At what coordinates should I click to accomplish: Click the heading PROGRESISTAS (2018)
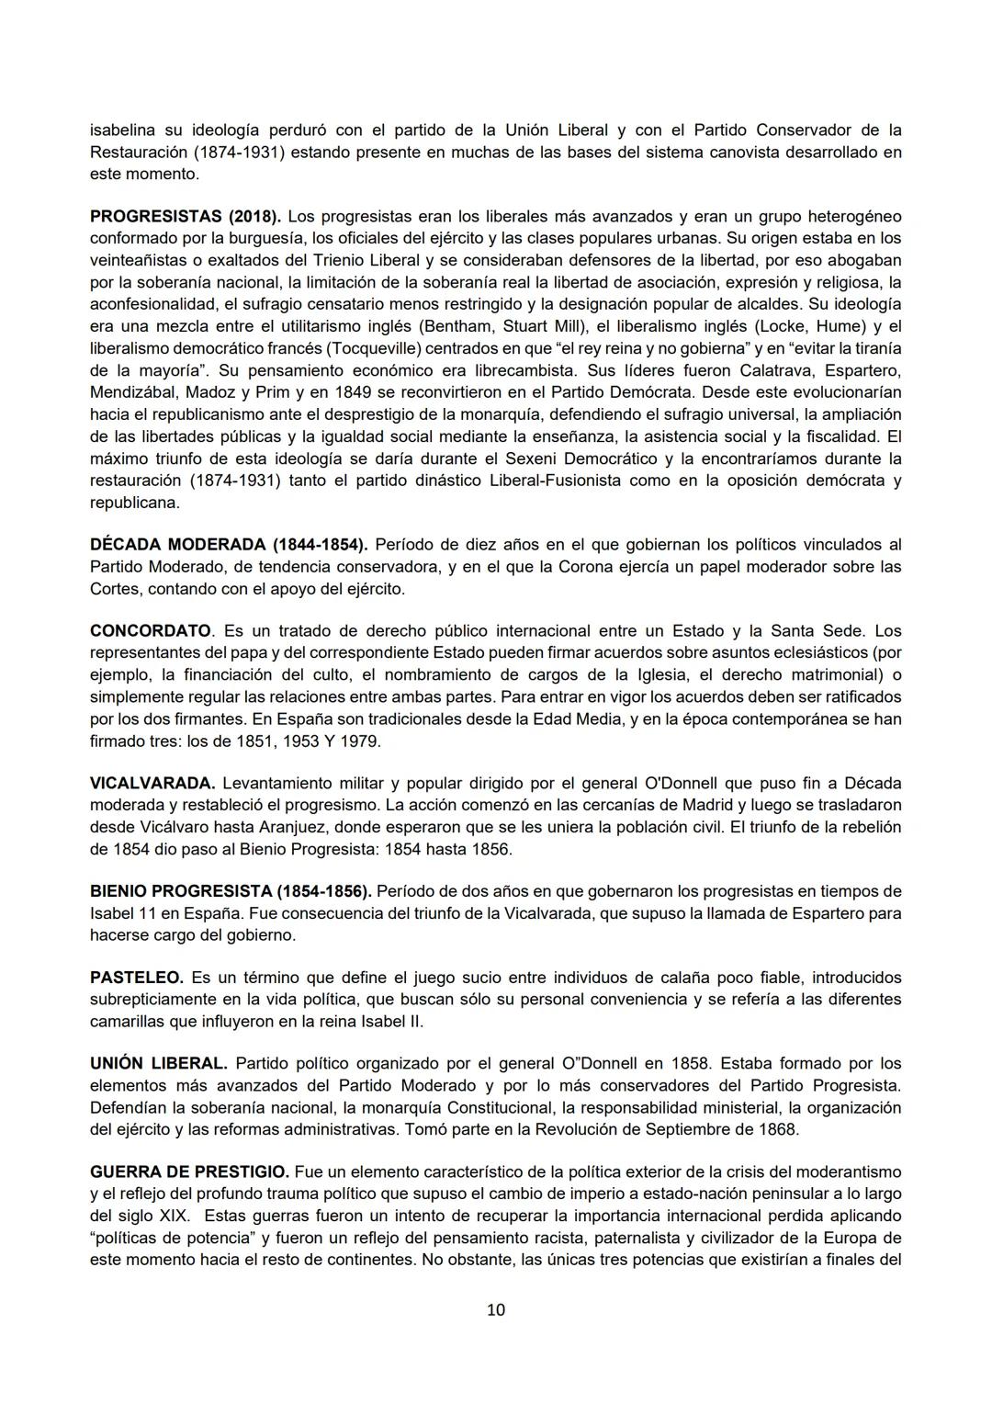[x=186, y=217]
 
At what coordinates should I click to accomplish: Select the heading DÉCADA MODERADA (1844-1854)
[x=229, y=545]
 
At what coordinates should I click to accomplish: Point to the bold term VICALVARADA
[x=152, y=784]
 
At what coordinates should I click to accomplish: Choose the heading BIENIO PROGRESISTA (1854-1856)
[x=231, y=891]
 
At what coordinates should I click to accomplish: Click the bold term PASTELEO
[x=137, y=978]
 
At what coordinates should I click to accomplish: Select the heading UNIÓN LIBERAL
[x=158, y=1064]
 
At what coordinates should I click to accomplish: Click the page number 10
[x=495, y=1310]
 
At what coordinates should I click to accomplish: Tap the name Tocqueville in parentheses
[x=378, y=349]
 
